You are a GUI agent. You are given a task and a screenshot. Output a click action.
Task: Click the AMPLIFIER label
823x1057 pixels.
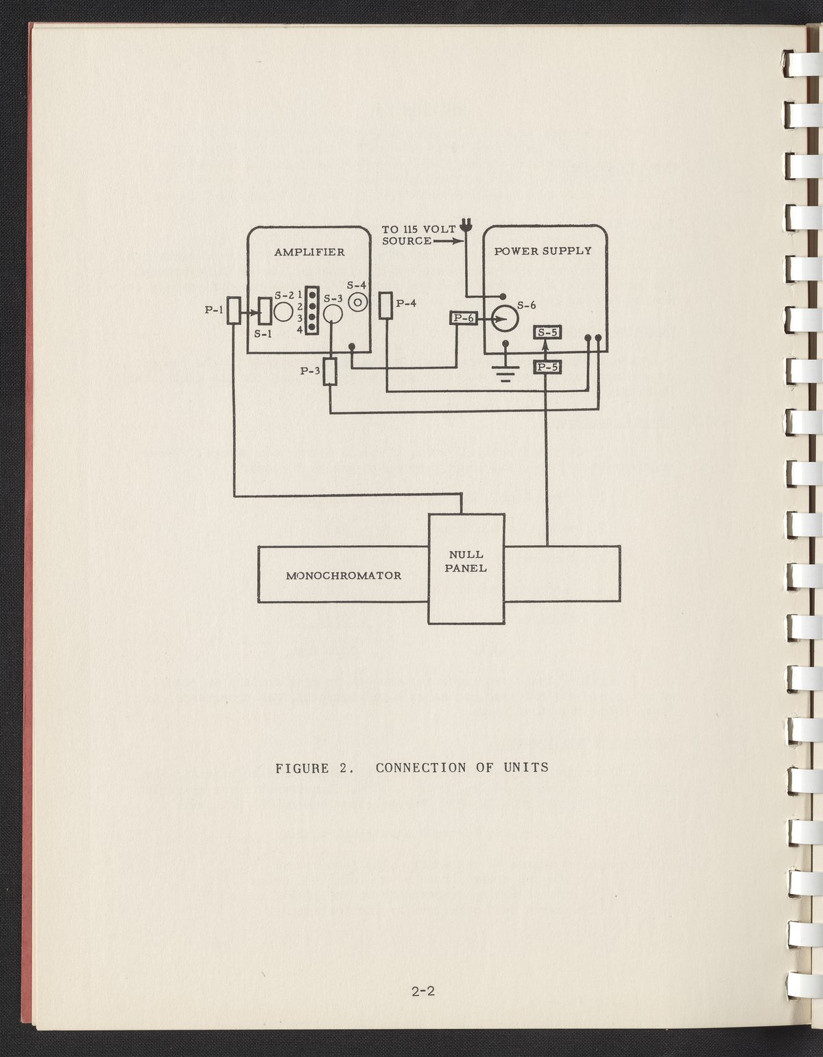(x=309, y=252)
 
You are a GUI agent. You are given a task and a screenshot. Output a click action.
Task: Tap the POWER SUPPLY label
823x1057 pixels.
(x=542, y=251)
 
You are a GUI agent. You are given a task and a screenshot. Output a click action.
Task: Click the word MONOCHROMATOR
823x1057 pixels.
(x=343, y=575)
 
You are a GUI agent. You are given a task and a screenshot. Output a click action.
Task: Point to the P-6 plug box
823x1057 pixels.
(x=463, y=318)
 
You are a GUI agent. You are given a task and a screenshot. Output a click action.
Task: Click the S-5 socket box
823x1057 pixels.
(x=548, y=333)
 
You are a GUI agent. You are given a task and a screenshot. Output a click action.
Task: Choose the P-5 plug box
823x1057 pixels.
(x=548, y=367)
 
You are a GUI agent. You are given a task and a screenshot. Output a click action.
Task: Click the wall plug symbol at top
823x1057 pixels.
(x=466, y=225)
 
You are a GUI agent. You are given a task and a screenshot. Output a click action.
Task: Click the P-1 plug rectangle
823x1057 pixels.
(x=235, y=311)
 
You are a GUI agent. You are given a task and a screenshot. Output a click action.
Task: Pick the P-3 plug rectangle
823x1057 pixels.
(x=331, y=372)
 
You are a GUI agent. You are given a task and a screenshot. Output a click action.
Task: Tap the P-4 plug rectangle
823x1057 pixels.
(x=386, y=305)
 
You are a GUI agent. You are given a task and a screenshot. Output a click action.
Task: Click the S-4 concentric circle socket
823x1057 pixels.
(x=357, y=302)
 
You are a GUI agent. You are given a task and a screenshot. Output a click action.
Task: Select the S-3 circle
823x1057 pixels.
(x=333, y=315)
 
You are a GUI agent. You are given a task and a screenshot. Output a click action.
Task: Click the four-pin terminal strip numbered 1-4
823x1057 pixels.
(x=311, y=310)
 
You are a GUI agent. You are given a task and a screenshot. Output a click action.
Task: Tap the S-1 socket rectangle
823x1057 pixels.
(x=265, y=312)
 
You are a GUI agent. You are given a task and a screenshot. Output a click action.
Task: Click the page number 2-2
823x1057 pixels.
(x=424, y=991)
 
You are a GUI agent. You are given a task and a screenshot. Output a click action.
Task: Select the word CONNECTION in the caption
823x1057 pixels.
(x=420, y=768)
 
